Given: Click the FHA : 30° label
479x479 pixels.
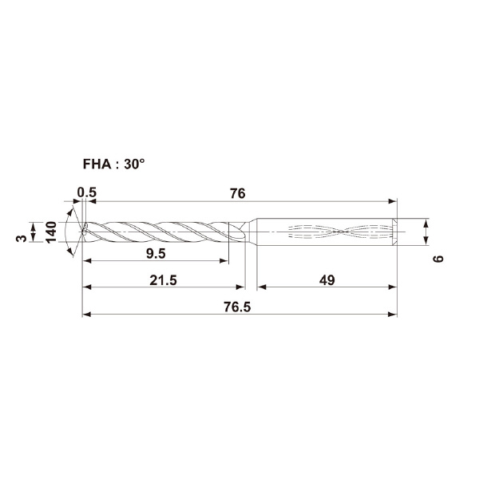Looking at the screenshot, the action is (x=113, y=164).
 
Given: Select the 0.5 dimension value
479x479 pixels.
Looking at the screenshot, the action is (x=87, y=192).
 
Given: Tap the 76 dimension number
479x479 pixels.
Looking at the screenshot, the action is (x=238, y=193).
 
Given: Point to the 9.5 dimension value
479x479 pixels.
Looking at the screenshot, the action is (x=156, y=254).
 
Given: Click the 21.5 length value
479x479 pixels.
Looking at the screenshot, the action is (x=163, y=280).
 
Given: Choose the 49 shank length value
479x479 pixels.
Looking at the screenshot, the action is (x=327, y=280).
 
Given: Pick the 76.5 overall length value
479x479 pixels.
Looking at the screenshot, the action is (x=237, y=307).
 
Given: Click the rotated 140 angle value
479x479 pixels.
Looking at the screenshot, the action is (x=51, y=232).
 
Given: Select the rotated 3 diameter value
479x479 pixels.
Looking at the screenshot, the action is (x=22, y=238).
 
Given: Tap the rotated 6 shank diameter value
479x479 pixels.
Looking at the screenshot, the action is (x=438, y=259).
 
